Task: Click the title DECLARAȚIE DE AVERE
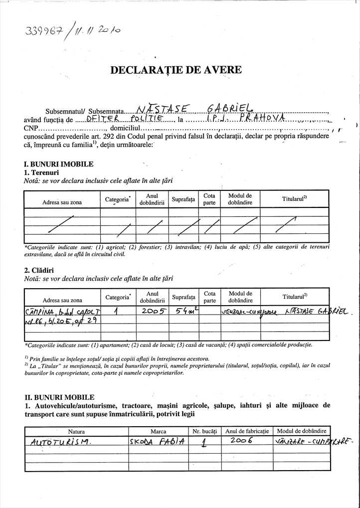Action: tap(176, 70)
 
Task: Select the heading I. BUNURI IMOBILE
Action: tap(58, 164)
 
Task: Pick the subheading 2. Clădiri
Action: tap(40, 270)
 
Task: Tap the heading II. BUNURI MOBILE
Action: tap(59, 397)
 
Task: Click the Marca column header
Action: tap(158, 431)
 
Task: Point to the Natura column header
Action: tap(76, 431)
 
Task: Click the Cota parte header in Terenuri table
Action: tap(209, 199)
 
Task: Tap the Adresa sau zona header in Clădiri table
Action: tap(62, 301)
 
